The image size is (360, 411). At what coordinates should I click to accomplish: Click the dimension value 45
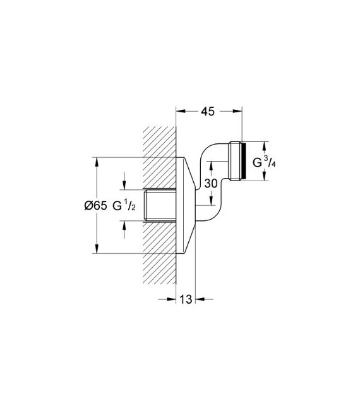[x=207, y=111]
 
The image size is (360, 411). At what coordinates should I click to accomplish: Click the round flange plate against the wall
[x=184, y=205]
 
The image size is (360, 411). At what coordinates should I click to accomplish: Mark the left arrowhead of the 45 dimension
[x=179, y=111]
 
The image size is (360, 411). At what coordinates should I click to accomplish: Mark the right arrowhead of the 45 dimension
[x=239, y=111]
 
